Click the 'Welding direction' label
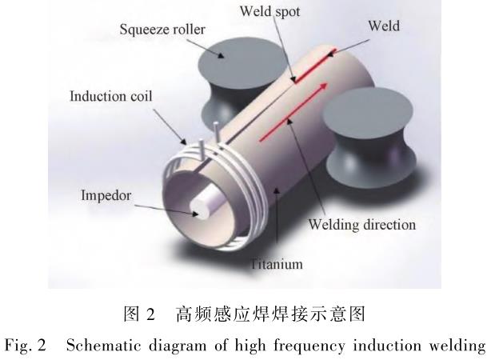pyautogui.click(x=363, y=225)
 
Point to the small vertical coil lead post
pyautogui.click(x=217, y=130)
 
